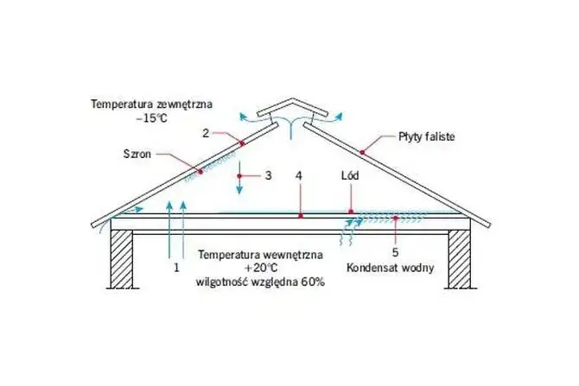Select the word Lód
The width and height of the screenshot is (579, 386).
coord(350,175)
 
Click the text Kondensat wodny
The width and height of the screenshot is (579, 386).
coord(390,269)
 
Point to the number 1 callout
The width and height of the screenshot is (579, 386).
coord(175,269)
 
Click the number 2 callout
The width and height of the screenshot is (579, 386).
coord(206,133)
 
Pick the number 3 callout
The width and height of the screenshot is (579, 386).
coord(268,175)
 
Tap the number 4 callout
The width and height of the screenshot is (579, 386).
coord(299,175)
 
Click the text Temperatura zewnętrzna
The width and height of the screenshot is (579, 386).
coord(152,104)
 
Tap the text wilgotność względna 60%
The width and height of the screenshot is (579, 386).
coord(260,282)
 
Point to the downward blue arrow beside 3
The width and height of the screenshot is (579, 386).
coord(244,177)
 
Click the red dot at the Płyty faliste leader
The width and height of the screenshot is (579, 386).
coord(363,152)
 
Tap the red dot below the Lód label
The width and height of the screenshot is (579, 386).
coord(350,211)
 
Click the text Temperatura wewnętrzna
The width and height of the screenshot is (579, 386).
coord(261,255)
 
